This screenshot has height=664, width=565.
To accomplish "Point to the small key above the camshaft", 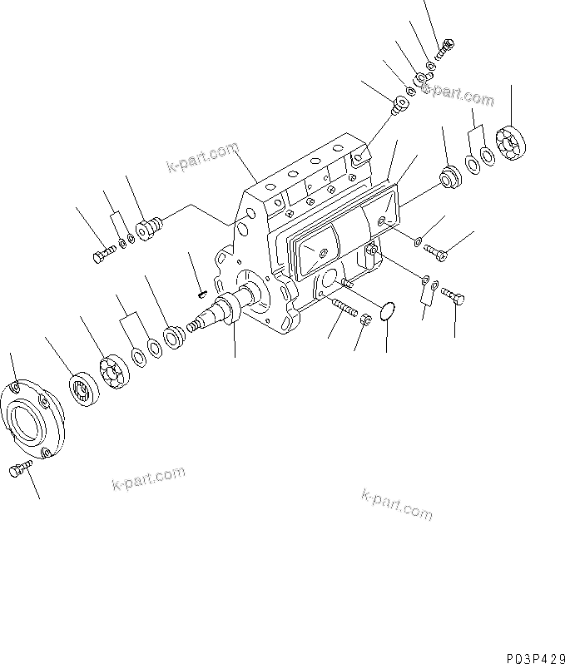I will (x=201, y=292).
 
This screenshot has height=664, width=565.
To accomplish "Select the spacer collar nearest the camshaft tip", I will (x=175, y=336).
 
